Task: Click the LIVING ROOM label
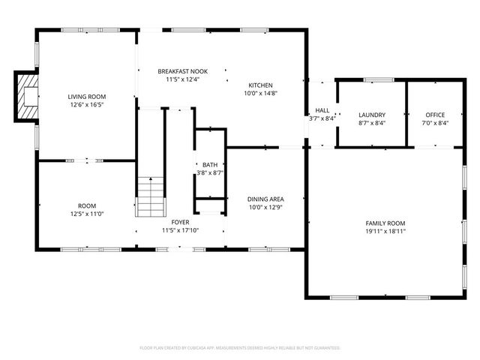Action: click(x=87, y=97)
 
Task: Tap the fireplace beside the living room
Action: click(x=27, y=96)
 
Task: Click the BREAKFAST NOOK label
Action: click(x=182, y=71)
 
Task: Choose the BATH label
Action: click(x=210, y=164)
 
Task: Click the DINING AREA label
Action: click(x=265, y=199)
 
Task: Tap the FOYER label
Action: click(x=180, y=223)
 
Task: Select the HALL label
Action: click(x=322, y=109)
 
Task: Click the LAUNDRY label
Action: click(x=372, y=115)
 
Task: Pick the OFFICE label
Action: click(x=435, y=115)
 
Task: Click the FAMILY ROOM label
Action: click(x=385, y=223)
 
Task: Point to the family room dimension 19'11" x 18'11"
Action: click(x=385, y=232)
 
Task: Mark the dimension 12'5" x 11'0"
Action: click(x=87, y=214)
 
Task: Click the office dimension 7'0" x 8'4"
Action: click(x=435, y=124)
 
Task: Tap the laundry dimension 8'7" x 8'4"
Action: click(x=372, y=124)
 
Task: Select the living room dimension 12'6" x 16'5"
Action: click(x=87, y=106)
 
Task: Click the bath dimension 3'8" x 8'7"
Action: click(x=210, y=173)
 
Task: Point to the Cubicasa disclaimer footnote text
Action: click(x=240, y=348)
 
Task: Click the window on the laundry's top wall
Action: click(x=379, y=79)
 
